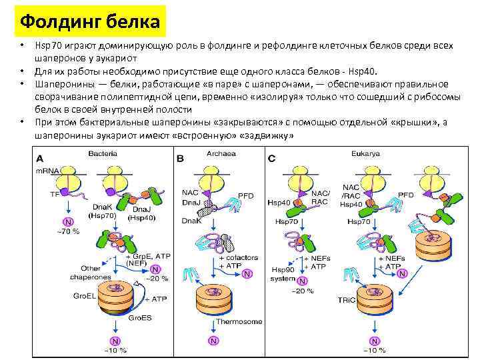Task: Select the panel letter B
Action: pyautogui.click(x=181, y=159)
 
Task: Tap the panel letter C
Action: pyautogui.click(x=271, y=159)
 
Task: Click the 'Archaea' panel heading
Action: pyautogui.click(x=221, y=154)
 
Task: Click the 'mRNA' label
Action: pyautogui.click(x=47, y=171)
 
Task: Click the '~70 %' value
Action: pyautogui.click(x=68, y=231)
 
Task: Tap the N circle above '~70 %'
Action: pyautogui.click(x=67, y=221)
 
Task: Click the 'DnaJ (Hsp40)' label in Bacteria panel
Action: pyautogui.click(x=143, y=214)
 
